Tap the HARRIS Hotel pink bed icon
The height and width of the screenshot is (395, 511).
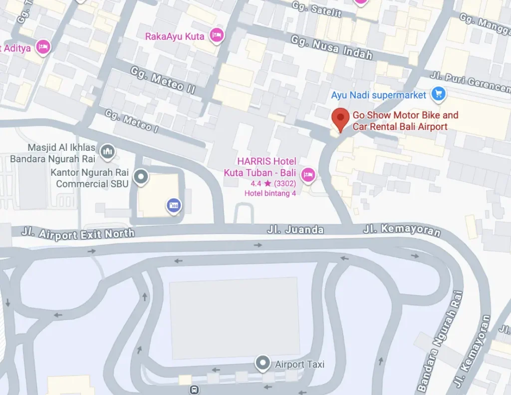point(308,174)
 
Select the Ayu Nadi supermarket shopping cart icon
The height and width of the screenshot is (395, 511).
point(439,93)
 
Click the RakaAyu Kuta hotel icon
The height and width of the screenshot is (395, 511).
point(216,35)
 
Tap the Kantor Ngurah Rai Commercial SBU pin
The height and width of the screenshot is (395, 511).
point(141,176)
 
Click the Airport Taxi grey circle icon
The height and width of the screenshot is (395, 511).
point(262,363)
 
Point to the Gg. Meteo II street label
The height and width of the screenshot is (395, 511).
point(163,80)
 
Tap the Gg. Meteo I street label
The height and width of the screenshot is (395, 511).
point(131,120)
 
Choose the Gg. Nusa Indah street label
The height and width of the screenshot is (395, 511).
point(331,47)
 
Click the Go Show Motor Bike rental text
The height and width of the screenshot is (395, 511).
point(405,121)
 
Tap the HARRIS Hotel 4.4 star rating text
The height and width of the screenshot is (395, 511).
point(273,183)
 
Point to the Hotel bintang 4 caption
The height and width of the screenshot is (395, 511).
point(270,193)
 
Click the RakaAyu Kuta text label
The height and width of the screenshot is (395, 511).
point(175,36)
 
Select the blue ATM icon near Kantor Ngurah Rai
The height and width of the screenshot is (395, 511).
point(174,205)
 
